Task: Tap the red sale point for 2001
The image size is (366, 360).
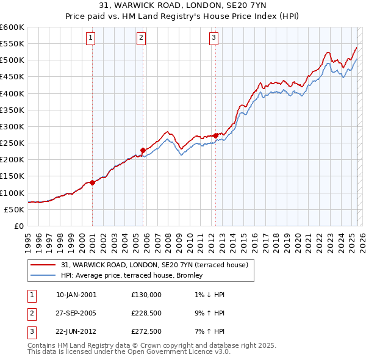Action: coord(92,182)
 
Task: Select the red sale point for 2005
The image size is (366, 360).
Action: coord(143,150)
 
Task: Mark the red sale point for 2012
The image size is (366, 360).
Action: coord(216,135)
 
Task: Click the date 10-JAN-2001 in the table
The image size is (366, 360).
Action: coord(76,294)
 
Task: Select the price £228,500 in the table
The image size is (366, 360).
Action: coord(146,313)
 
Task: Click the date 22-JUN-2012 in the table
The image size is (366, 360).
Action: coord(76,332)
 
